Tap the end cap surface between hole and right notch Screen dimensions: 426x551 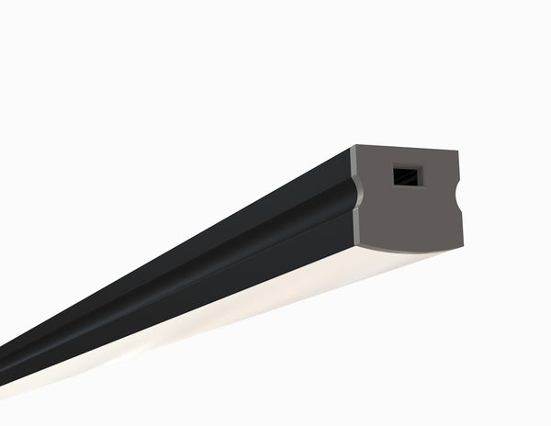[x=439, y=179]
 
